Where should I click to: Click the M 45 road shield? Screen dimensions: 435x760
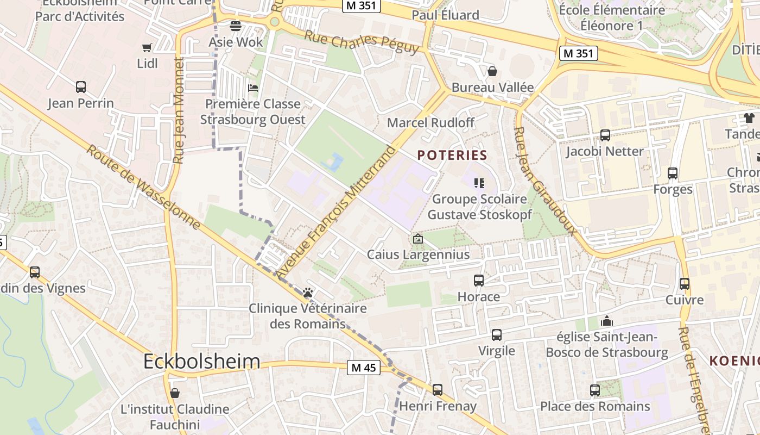pyautogui.click(x=363, y=368)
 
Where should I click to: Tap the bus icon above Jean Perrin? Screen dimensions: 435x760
pyautogui.click(x=81, y=87)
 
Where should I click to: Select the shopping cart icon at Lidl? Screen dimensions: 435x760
pyautogui.click(x=147, y=48)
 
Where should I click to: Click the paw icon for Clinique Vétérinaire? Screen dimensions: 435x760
pyautogui.click(x=308, y=293)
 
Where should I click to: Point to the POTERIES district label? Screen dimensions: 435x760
pyautogui.click(x=452, y=155)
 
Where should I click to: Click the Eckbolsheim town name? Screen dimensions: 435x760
pyautogui.click(x=202, y=362)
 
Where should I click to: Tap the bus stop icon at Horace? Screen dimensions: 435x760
pyautogui.click(x=478, y=281)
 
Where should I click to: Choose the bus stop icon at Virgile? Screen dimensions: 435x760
pyautogui.click(x=497, y=335)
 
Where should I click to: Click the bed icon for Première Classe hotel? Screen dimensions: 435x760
pyautogui.click(x=252, y=88)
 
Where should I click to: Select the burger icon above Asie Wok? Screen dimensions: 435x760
pyautogui.click(x=236, y=26)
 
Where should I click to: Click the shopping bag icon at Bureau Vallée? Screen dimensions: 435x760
pyautogui.click(x=492, y=71)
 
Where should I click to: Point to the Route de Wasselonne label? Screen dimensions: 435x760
pyautogui.click(x=144, y=187)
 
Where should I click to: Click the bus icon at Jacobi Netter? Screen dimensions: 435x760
pyautogui.click(x=605, y=135)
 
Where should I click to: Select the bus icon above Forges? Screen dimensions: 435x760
pyautogui.click(x=673, y=173)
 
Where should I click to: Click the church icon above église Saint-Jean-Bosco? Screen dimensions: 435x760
pyautogui.click(x=607, y=321)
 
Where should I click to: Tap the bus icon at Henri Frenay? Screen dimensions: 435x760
pyautogui.click(x=438, y=390)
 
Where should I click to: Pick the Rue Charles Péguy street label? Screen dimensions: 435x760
pyautogui.click(x=362, y=42)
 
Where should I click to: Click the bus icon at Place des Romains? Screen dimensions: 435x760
pyautogui.click(x=595, y=390)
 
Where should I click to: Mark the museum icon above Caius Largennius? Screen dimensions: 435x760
pyautogui.click(x=418, y=238)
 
